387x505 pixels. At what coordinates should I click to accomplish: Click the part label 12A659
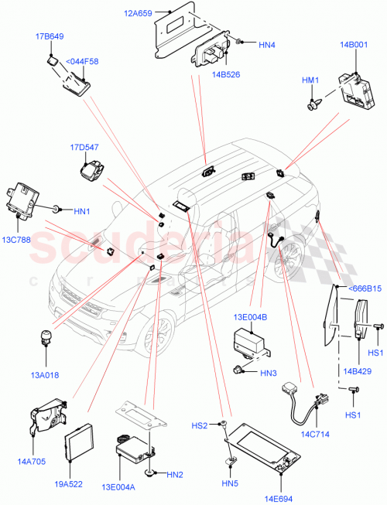pyautogui.click(x=136, y=12)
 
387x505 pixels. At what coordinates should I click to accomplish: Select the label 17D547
pyautogui.click(x=84, y=147)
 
